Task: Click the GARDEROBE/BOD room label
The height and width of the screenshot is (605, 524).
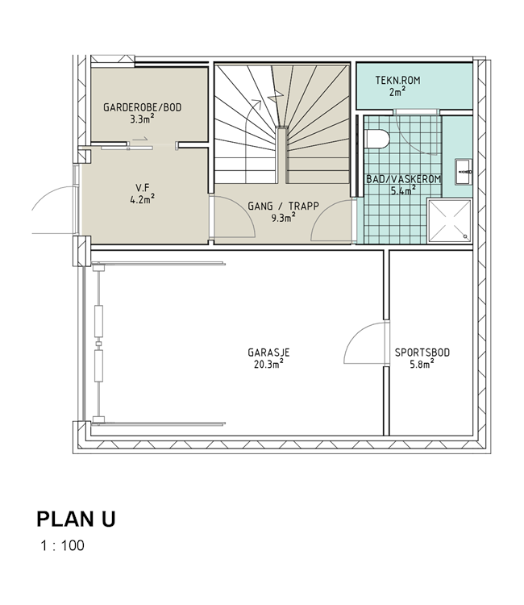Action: point(142,107)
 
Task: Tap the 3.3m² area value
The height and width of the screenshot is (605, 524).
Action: point(142,119)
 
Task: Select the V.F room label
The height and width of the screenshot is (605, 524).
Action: point(142,188)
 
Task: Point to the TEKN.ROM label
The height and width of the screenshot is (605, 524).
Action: point(398,80)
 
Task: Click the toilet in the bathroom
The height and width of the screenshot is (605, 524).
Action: point(376,139)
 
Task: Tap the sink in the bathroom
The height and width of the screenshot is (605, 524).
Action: point(464,171)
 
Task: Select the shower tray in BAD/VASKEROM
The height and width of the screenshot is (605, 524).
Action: point(450,221)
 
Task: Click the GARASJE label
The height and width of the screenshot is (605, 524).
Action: point(268,353)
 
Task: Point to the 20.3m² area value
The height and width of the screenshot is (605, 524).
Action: point(268,364)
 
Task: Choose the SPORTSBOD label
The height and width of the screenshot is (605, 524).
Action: point(422,353)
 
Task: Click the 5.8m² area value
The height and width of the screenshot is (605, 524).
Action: point(422,364)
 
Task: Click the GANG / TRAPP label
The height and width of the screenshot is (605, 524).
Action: point(284,206)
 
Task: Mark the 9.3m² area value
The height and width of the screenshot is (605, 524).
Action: point(284,218)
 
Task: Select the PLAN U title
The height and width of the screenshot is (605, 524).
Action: point(76,519)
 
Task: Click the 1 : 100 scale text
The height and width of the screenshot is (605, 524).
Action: point(62,545)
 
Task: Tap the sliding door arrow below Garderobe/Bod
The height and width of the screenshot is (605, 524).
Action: point(140,138)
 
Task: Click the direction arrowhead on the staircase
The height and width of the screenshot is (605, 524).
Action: point(256,102)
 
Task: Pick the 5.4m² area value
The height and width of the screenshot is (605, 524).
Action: point(403,190)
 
